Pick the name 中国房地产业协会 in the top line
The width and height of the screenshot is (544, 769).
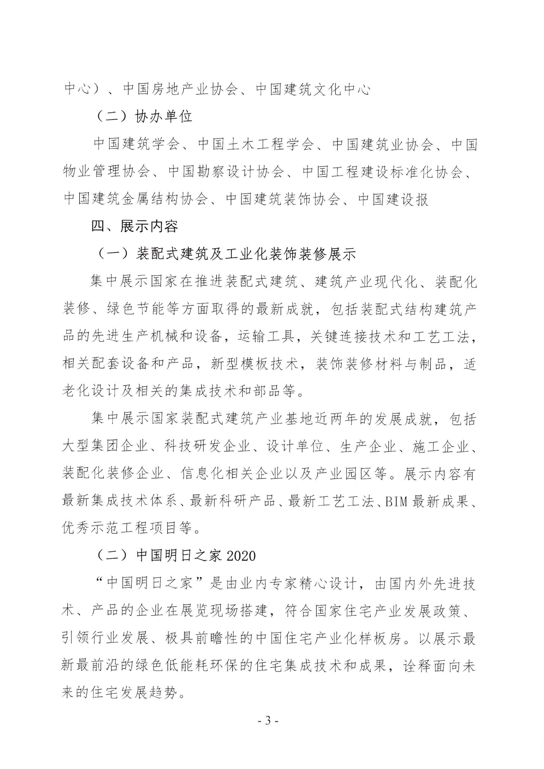click(180, 89)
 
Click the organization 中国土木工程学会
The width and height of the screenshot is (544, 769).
click(256, 144)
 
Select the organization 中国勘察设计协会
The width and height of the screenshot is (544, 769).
click(226, 172)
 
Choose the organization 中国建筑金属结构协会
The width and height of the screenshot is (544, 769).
click(136, 199)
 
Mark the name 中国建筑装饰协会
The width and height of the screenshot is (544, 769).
click(283, 199)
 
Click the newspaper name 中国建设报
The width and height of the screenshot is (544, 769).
click(393, 199)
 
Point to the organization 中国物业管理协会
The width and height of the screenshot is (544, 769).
click(106, 172)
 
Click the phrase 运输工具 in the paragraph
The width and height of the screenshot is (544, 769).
click(266, 337)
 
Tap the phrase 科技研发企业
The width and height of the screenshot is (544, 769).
click(207, 447)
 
